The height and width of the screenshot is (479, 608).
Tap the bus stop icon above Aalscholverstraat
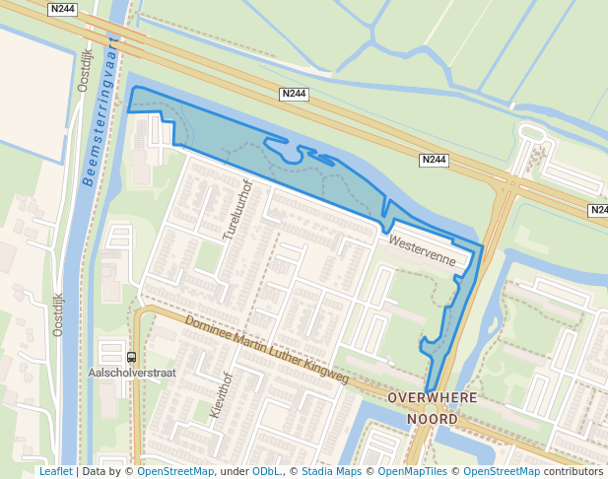point(132,358)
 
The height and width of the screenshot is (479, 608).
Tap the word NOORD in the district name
point(433,419)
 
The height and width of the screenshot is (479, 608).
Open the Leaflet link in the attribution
point(55,472)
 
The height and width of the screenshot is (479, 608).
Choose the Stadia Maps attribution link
point(331,472)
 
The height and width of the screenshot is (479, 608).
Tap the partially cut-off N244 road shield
point(599,211)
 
